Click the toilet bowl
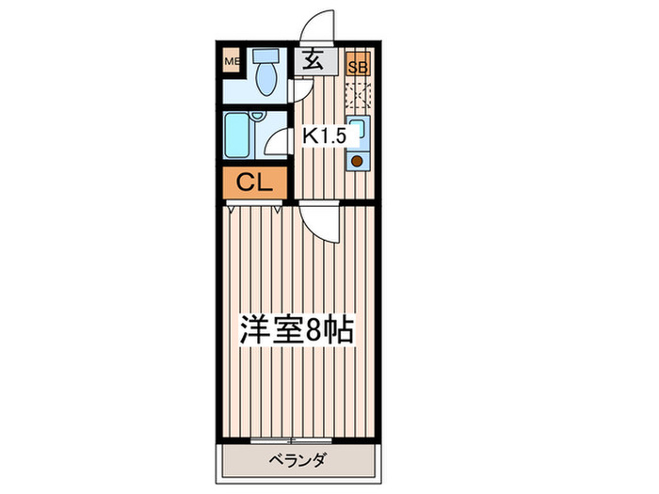265,80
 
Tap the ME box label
231,63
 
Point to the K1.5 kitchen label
324,135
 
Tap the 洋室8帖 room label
296,331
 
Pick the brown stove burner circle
358,160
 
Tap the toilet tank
265,56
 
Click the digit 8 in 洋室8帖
319,331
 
